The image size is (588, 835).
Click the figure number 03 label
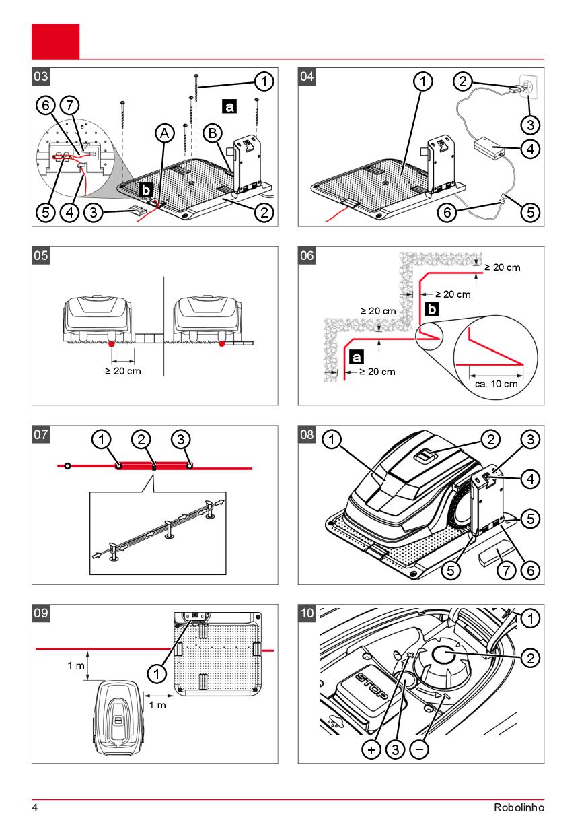pos(40,76)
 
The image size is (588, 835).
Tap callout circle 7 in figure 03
pos(69,105)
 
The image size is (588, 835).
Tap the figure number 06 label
pos(306,255)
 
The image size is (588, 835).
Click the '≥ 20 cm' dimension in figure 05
pos(122,372)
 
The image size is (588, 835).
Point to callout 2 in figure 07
pos(140,440)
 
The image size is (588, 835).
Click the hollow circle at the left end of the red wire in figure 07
pos(67,465)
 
